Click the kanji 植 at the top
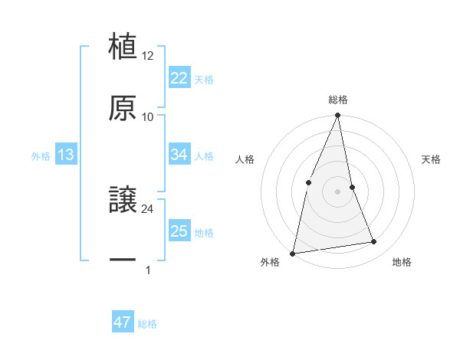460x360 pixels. point(123,46)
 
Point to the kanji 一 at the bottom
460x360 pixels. point(123,260)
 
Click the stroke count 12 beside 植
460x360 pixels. point(148,57)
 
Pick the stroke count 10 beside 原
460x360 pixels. point(148,117)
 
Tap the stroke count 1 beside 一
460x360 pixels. point(147,270)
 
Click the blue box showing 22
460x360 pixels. point(179,78)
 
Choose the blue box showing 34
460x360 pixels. point(179,155)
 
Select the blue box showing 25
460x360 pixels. point(179,231)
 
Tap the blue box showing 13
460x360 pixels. point(65,155)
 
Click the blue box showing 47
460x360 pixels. point(122,322)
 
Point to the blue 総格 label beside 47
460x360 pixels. point(147,324)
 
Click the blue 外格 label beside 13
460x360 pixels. point(41,156)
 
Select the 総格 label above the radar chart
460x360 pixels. point(338,100)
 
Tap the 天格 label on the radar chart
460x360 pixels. point(431,159)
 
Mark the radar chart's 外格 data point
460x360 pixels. point(293,253)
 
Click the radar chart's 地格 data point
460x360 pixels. point(374,242)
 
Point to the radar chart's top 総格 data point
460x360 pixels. point(338,116)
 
